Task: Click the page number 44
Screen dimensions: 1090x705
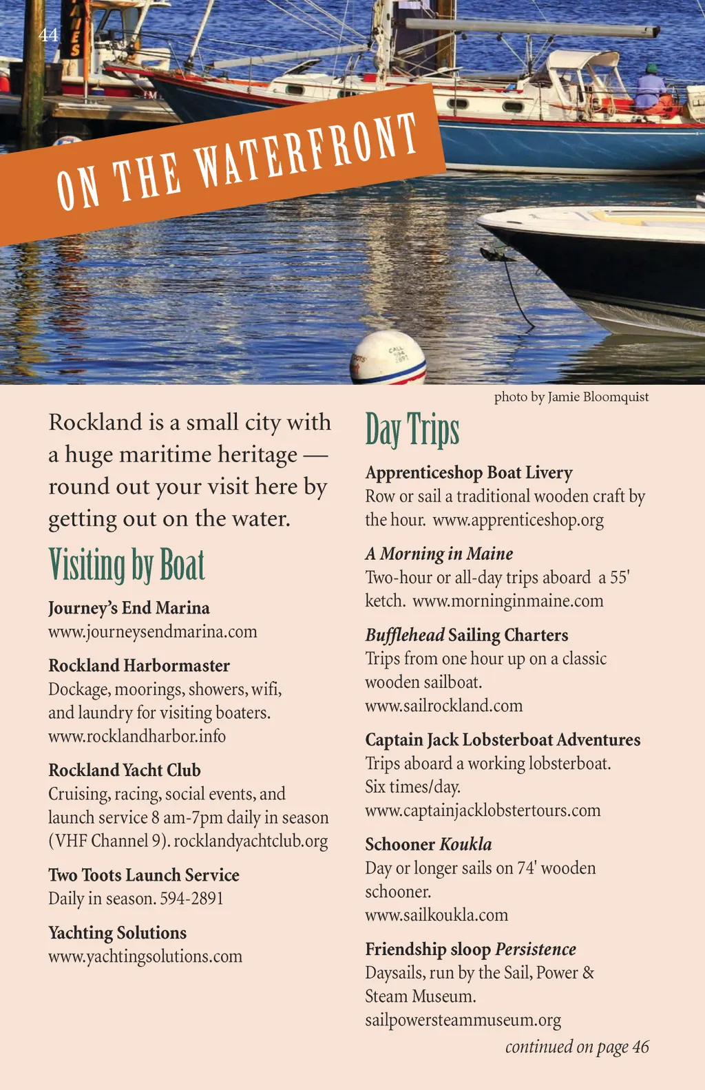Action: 48,35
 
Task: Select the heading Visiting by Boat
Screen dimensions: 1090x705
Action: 127,565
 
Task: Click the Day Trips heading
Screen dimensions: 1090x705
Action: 412,430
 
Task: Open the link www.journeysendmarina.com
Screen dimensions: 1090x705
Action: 152,631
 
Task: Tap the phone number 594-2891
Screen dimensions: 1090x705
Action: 191,899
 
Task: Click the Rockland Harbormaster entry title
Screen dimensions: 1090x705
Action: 139,666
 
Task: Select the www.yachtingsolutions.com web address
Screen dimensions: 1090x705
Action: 145,956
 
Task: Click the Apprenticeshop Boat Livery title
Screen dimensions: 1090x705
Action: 469,473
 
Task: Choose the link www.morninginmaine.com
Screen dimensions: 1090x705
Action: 508,601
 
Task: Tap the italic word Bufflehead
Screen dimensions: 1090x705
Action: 404,635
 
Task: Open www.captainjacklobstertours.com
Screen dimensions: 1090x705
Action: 483,810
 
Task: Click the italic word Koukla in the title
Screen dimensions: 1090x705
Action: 465,845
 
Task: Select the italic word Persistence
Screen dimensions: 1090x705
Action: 536,950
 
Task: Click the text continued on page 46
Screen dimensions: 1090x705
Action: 577,1047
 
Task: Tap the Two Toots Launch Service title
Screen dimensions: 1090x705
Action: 144,875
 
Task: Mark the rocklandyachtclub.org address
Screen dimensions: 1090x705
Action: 251,841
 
